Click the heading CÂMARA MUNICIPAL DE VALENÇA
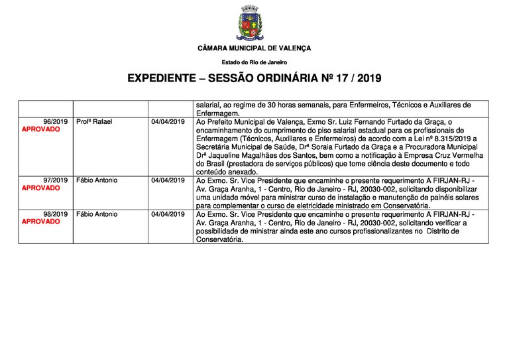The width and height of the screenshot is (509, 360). [x=254, y=48]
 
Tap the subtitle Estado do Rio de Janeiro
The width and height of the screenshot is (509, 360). [x=254, y=62]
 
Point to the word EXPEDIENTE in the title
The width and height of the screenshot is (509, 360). [x=163, y=79]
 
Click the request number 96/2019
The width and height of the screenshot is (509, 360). [x=56, y=122]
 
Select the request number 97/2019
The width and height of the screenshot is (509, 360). [x=56, y=180]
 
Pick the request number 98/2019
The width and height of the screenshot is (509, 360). [x=56, y=214]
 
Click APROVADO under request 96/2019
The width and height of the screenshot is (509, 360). [x=40, y=130]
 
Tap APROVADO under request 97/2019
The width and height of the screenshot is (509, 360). [x=40, y=188]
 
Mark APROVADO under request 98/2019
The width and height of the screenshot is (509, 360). [x=40, y=222]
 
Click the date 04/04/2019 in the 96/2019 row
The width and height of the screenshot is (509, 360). [x=168, y=122]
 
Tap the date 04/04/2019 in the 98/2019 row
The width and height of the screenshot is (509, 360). [x=168, y=214]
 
